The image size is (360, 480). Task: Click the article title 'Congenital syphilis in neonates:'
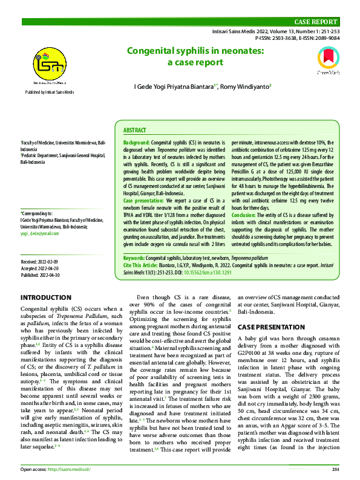tap(195, 51)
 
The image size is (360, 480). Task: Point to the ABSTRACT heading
tap(134, 130)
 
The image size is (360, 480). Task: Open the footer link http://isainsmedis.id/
tap(70, 469)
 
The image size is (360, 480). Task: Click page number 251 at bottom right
tap(335, 469)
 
